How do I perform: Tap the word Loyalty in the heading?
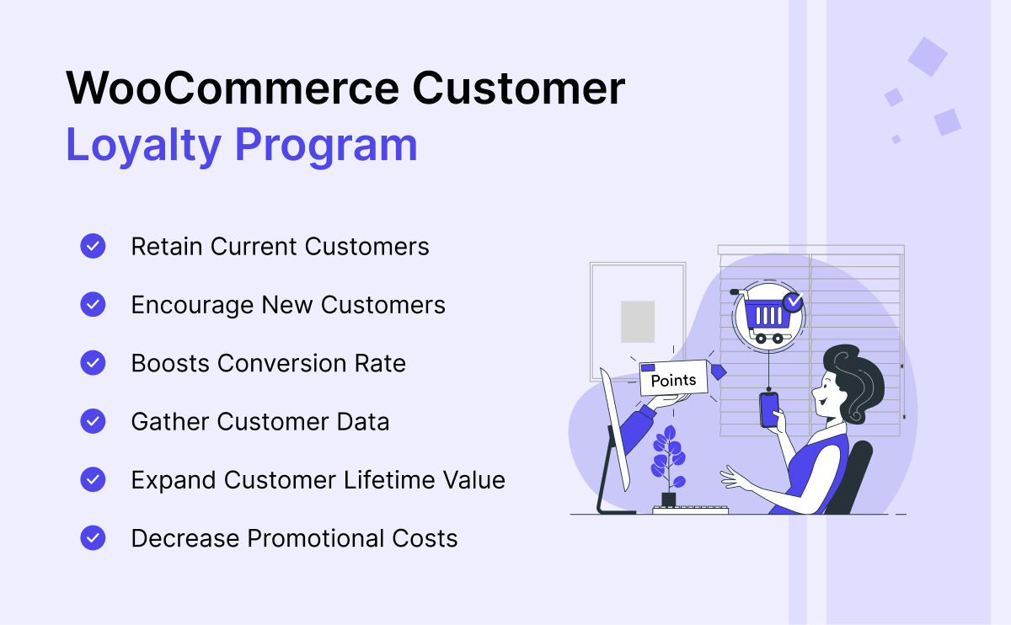coord(143,146)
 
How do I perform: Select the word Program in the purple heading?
coord(326,147)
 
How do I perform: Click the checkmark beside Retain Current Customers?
coord(93,246)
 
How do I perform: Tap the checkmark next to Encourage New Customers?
coord(93,304)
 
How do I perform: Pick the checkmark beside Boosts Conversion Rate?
coord(93,363)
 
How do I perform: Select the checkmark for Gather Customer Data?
coord(93,421)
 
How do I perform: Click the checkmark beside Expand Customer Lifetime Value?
coord(93,479)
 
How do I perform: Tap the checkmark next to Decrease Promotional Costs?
coord(93,538)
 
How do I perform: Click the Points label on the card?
coord(673,381)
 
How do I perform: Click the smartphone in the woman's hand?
coord(769,409)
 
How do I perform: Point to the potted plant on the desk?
coord(668,466)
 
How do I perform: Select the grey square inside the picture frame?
coord(637,322)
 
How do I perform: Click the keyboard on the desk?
coord(691,510)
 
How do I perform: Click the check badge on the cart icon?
coord(793,302)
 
